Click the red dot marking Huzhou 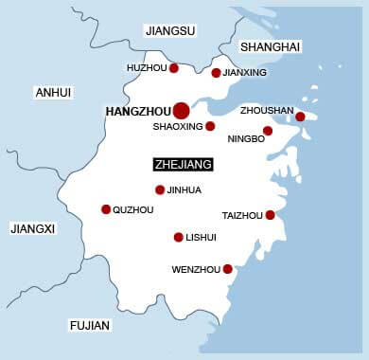(174, 67)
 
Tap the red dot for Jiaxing (216, 73)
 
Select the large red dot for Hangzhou (181, 112)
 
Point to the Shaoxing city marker (210, 126)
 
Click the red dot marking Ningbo (268, 131)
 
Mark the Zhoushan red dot (300, 117)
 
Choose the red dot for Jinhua (160, 189)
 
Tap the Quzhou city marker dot (106, 209)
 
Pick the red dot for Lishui (178, 237)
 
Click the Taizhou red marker (270, 215)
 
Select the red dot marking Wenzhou (227, 269)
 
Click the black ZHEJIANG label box (184, 164)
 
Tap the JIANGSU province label (170, 31)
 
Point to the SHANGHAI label (271, 47)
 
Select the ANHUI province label (52, 92)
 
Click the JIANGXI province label (33, 228)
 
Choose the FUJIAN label (90, 325)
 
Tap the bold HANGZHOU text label (137, 112)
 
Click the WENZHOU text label (196, 270)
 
